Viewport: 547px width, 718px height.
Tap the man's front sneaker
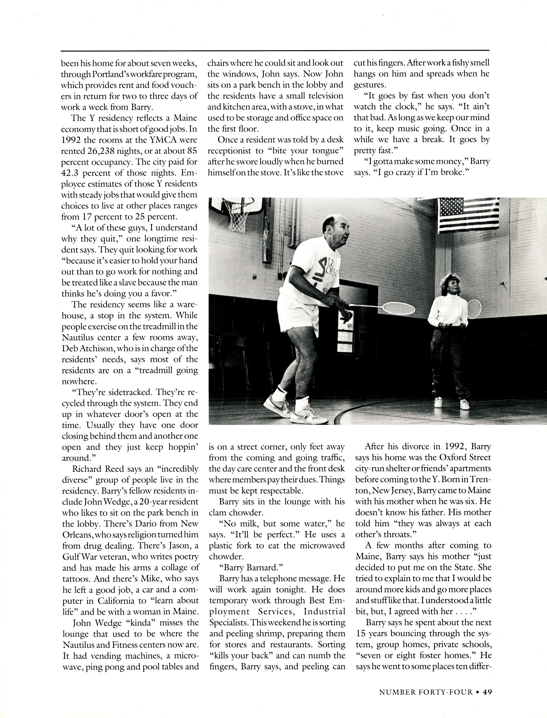pos(306,417)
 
